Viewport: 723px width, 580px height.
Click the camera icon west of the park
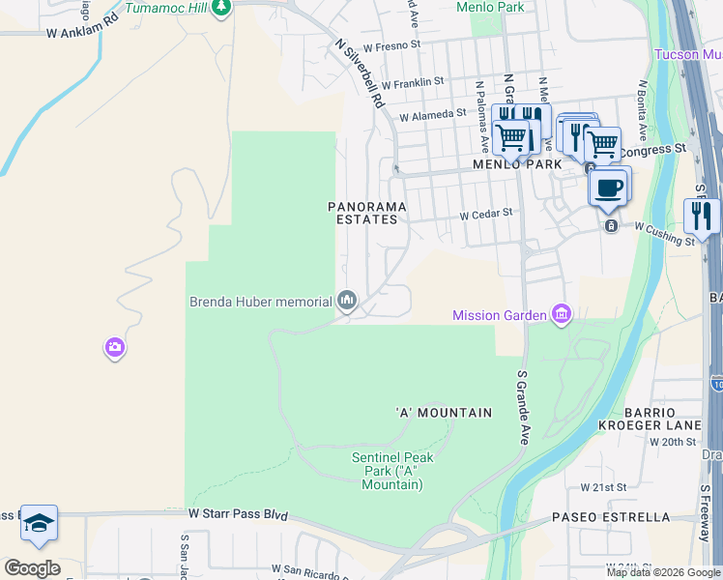115,346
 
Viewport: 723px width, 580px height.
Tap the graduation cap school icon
39,523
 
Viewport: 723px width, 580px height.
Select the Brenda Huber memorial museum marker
347,303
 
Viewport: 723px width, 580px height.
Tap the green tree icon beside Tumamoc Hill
222,9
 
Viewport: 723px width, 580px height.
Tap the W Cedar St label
484,215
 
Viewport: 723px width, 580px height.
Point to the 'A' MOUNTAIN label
445,413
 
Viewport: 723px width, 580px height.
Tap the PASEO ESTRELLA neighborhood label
611,517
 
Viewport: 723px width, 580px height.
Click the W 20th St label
673,442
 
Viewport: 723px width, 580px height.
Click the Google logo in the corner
32,567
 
